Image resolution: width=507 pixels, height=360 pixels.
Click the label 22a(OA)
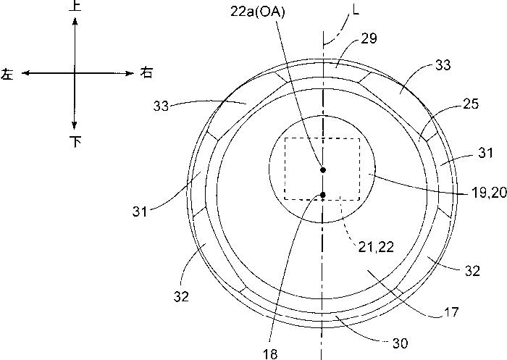pyautogui.click(x=258, y=12)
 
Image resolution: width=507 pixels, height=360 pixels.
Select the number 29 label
pyautogui.click(x=369, y=38)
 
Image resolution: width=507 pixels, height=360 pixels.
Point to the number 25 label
pyautogui.click(x=471, y=104)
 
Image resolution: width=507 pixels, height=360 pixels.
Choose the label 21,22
pyautogui.click(x=376, y=248)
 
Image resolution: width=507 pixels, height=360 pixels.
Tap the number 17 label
pyautogui.click(x=451, y=312)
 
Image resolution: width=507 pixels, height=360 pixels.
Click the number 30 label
pyautogui.click(x=401, y=343)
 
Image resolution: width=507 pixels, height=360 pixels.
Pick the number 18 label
pyautogui.click(x=270, y=354)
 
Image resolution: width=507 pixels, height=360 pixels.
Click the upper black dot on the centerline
pyautogui.click(x=323, y=169)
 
